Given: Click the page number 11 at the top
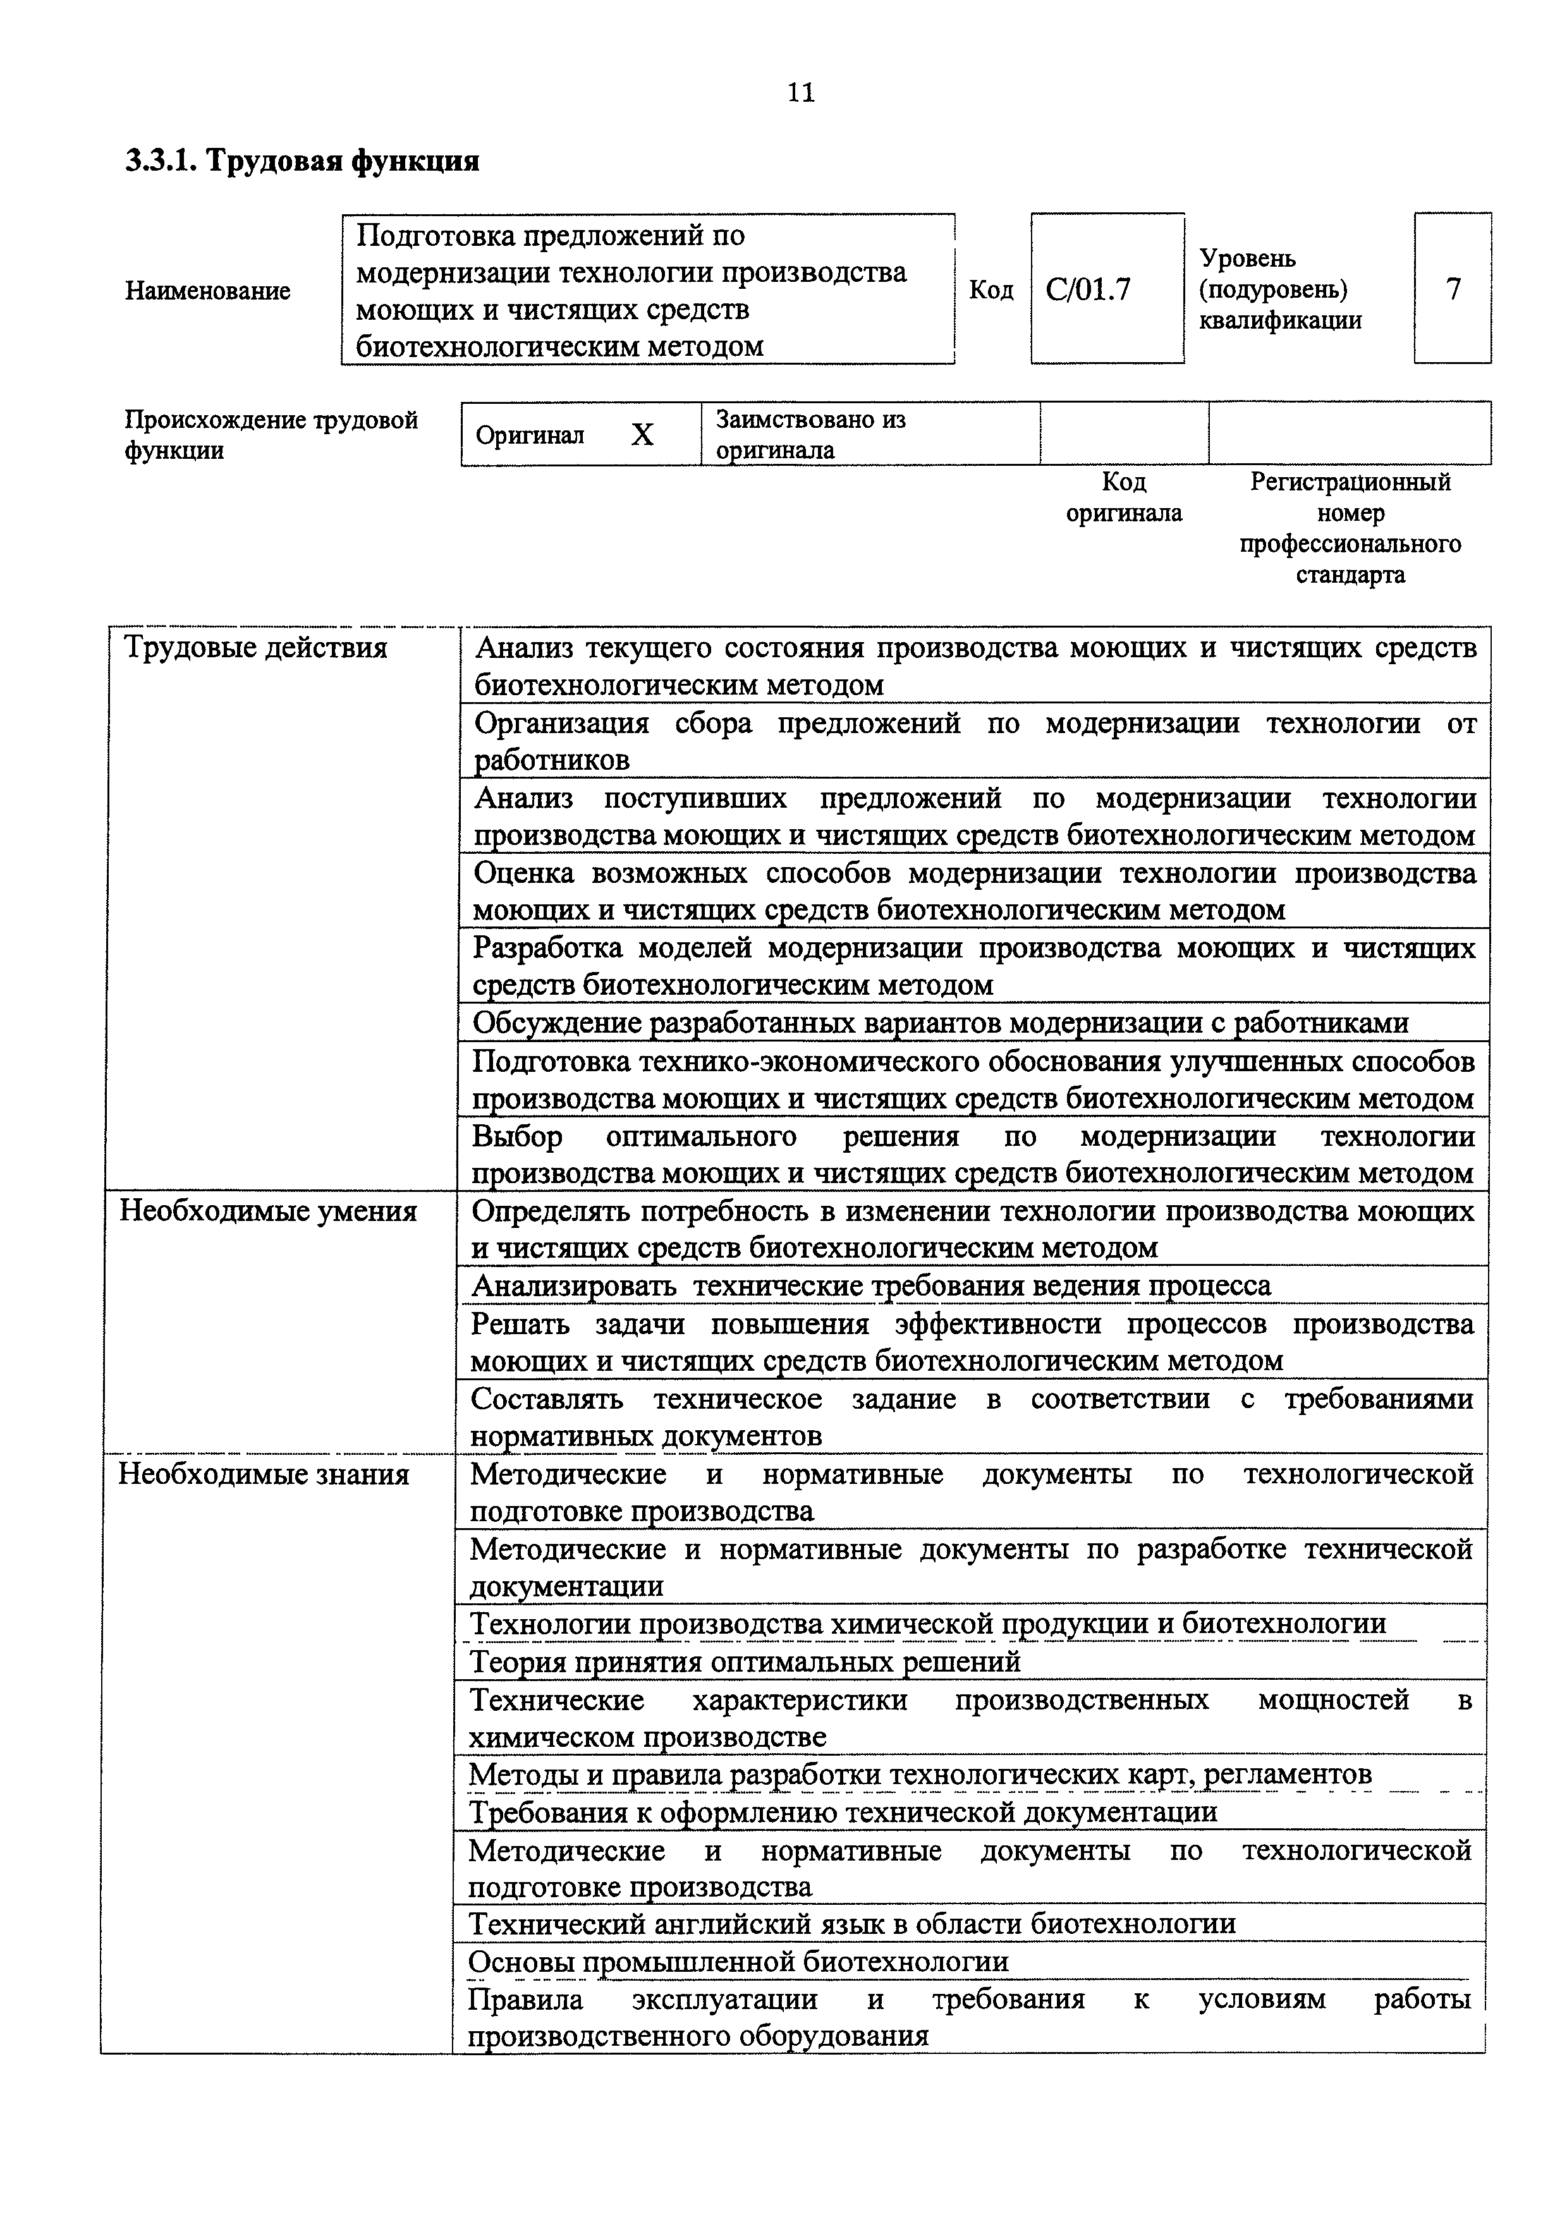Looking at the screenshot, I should (800, 93).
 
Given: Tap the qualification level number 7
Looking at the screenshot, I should (1453, 289).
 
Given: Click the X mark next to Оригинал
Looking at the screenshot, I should (642, 435).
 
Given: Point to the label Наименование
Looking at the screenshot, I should (207, 291).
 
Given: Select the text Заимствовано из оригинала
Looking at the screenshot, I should (810, 435).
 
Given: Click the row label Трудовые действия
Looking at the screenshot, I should (256, 648).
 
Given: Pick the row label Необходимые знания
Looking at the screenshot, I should (264, 1474).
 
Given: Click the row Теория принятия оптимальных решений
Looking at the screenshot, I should (745, 1661).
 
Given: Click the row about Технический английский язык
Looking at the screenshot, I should (851, 1924).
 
